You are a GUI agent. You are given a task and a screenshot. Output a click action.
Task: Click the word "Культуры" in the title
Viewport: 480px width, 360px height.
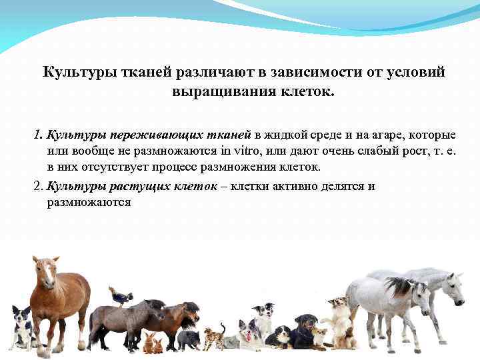tap(73, 71)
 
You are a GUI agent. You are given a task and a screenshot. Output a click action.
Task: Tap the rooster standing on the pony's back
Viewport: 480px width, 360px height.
tap(122, 295)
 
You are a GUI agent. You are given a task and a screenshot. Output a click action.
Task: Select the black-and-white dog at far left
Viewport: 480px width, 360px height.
tap(22, 328)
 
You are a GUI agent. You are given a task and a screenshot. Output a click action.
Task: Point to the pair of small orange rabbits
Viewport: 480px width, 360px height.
tap(153, 344)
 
